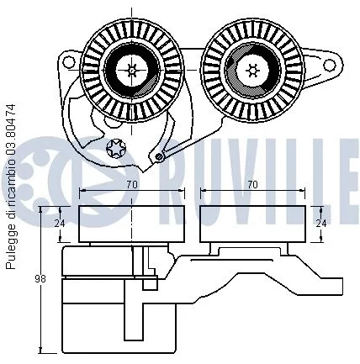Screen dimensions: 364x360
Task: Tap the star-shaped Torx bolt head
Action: [x=117, y=150]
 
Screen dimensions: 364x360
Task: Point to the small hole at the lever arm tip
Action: [x=158, y=155]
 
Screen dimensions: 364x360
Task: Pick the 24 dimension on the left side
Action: [x=59, y=224]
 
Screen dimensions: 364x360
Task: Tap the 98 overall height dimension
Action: [x=40, y=278]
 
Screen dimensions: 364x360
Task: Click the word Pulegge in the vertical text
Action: [x=11, y=249]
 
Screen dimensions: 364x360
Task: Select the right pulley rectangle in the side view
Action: [x=253, y=223]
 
